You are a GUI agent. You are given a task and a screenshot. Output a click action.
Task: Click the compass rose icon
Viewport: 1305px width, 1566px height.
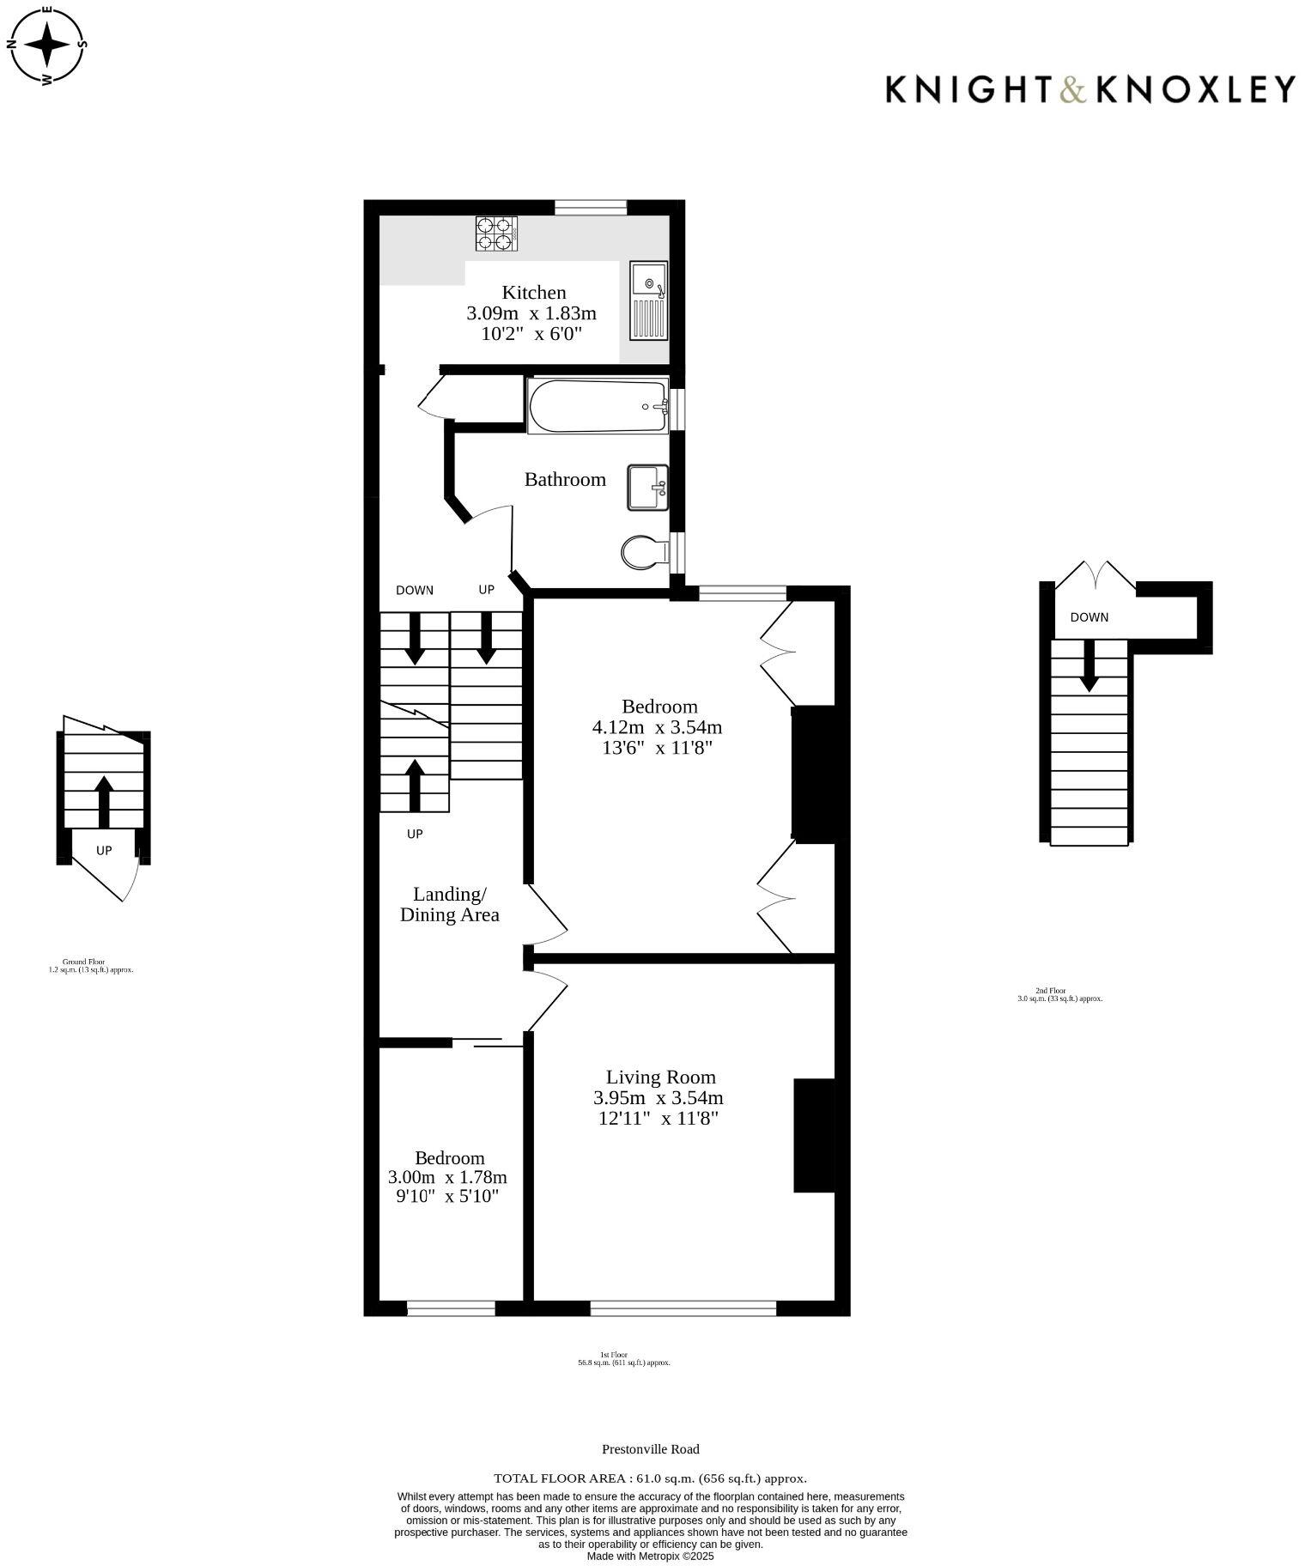(x=47, y=44)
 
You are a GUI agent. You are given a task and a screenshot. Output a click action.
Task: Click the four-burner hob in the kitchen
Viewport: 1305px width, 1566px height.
(x=497, y=234)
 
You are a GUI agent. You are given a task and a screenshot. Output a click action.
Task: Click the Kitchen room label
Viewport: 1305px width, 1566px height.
(x=533, y=293)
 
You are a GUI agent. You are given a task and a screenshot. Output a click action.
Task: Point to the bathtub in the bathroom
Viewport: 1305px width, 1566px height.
(x=598, y=406)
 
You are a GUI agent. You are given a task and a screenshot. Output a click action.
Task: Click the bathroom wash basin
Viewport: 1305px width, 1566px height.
(x=646, y=487)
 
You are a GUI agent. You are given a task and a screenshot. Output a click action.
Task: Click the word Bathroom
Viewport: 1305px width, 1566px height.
(x=565, y=479)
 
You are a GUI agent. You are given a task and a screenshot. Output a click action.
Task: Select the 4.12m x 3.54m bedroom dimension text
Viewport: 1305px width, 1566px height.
(x=657, y=728)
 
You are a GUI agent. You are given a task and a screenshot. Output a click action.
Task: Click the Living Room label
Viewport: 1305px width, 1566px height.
(x=660, y=1077)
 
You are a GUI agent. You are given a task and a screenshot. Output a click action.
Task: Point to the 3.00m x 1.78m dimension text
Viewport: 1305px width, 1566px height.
(x=447, y=1177)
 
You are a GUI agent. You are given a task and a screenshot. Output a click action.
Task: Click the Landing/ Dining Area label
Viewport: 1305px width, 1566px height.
(x=449, y=904)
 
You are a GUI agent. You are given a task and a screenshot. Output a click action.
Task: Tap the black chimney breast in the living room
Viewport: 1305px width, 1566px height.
(x=814, y=1135)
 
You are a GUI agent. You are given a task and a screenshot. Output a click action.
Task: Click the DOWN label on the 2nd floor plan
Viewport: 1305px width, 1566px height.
(x=1089, y=617)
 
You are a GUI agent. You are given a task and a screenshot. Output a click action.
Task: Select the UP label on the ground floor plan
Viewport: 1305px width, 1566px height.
(x=104, y=851)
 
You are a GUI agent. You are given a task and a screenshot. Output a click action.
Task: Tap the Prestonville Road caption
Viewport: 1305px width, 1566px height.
(x=650, y=1449)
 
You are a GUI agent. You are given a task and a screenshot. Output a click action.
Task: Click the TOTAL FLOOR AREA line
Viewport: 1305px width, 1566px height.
(x=650, y=1478)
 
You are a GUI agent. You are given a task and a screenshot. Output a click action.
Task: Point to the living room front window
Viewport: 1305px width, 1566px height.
(x=683, y=1308)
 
